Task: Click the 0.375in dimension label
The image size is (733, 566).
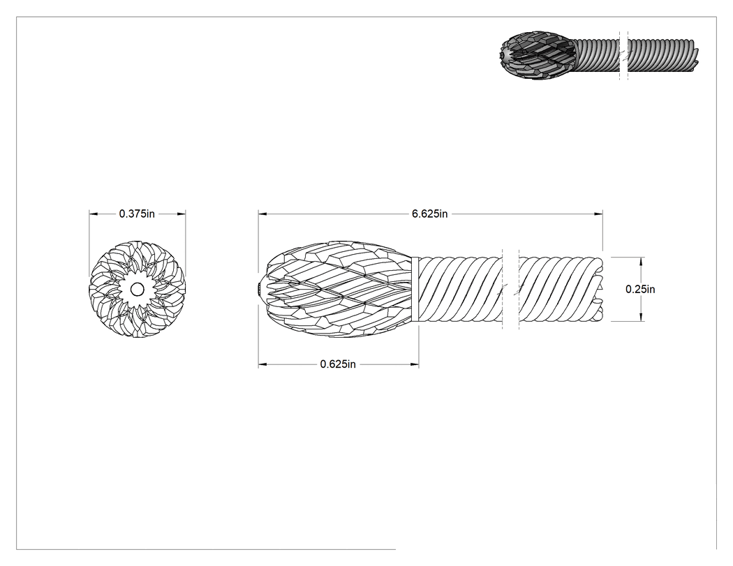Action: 137,214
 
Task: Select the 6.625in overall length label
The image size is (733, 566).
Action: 429,214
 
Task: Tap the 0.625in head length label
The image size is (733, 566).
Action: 338,364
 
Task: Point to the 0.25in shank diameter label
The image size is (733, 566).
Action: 640,290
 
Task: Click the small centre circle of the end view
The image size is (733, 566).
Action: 137,290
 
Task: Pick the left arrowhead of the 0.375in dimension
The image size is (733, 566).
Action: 94,214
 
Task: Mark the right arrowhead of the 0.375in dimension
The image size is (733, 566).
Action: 182,214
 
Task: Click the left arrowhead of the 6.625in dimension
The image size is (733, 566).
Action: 262,214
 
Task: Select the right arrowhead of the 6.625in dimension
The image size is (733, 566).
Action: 598,214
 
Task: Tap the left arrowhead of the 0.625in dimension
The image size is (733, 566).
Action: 262,364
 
